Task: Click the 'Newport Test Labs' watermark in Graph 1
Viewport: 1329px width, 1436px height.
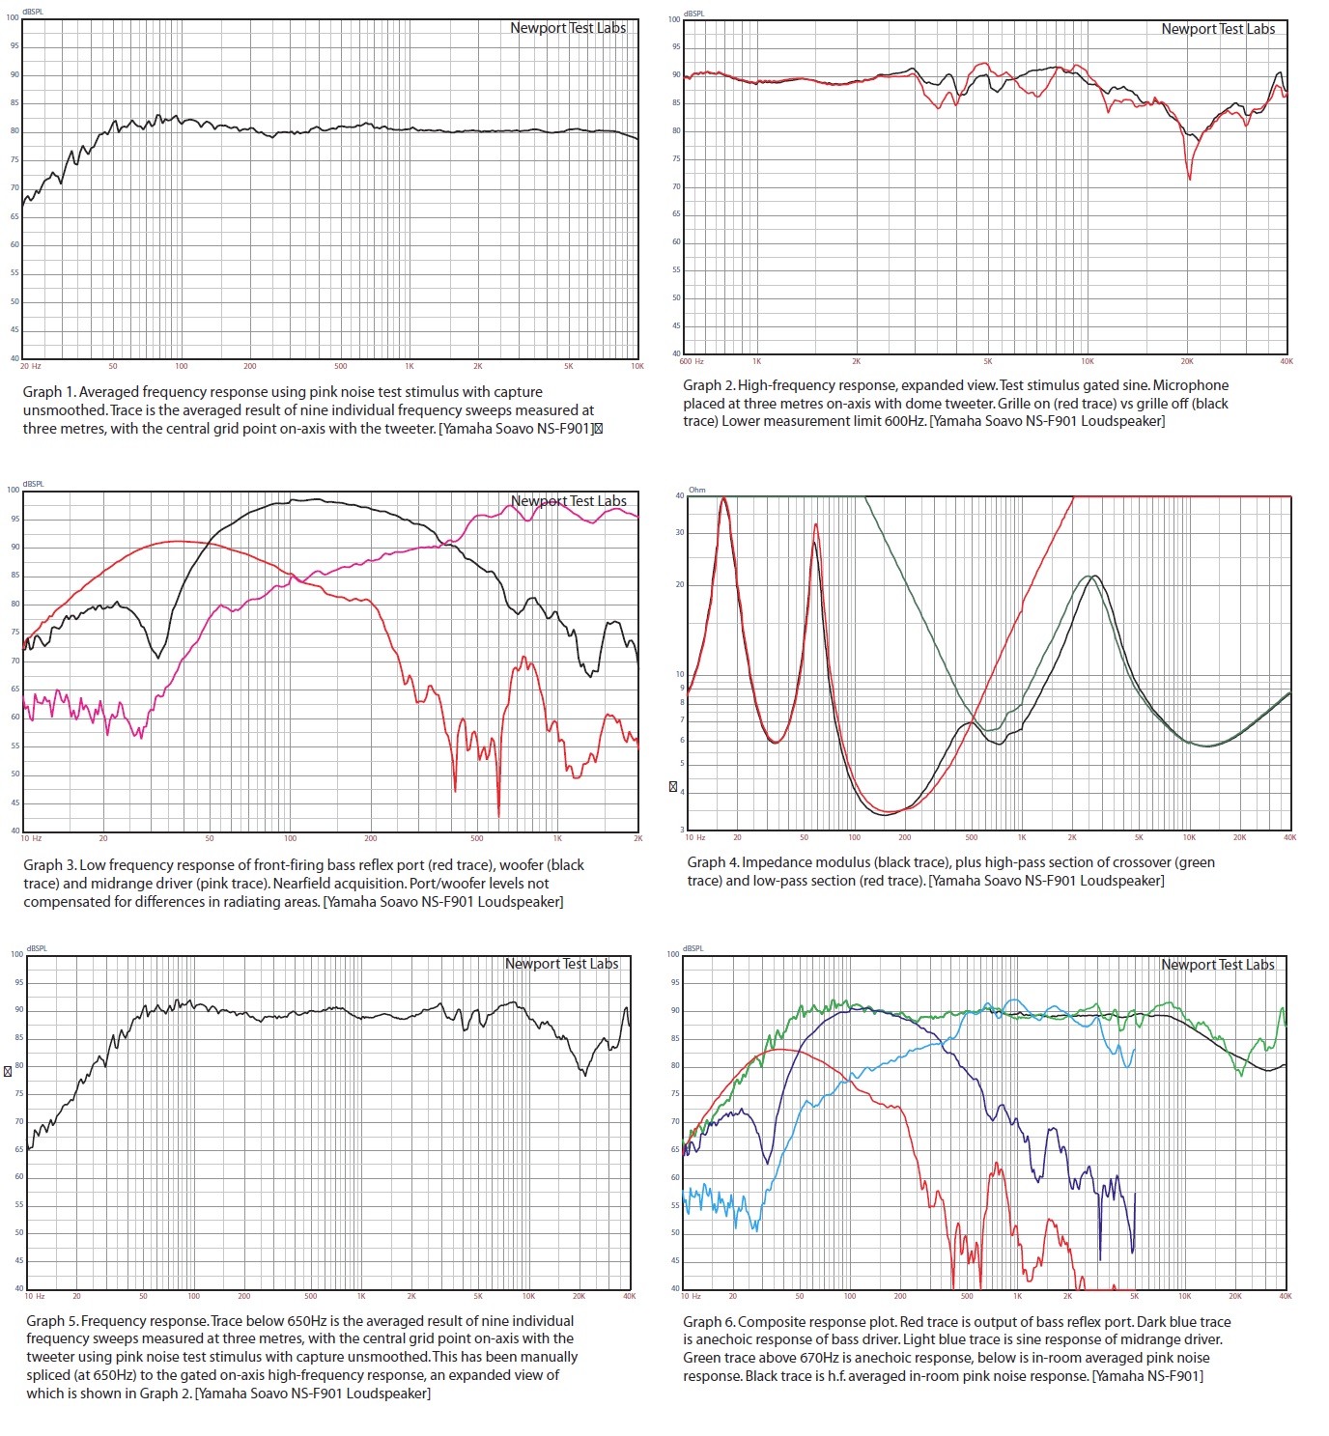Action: (x=568, y=28)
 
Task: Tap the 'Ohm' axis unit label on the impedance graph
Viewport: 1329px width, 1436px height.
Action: (x=697, y=490)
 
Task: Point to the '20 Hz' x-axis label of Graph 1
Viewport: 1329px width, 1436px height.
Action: (x=31, y=367)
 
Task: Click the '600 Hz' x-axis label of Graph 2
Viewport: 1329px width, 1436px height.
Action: (x=692, y=361)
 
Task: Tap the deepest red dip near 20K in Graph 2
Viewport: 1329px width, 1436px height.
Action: (x=1190, y=179)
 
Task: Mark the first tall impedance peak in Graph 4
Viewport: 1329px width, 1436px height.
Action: (x=723, y=499)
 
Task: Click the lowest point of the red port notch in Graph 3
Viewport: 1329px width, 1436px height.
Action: (x=498, y=816)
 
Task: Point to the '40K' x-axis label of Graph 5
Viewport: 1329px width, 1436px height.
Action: (x=629, y=1296)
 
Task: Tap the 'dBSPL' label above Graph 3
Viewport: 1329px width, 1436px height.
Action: (x=33, y=484)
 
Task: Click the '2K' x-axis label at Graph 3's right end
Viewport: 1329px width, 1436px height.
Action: (x=637, y=838)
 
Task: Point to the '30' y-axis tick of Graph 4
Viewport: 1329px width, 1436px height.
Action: (x=680, y=532)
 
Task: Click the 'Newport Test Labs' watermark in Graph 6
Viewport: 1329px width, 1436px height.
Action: (x=1217, y=965)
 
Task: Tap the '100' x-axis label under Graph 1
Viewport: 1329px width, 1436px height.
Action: (x=182, y=367)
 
